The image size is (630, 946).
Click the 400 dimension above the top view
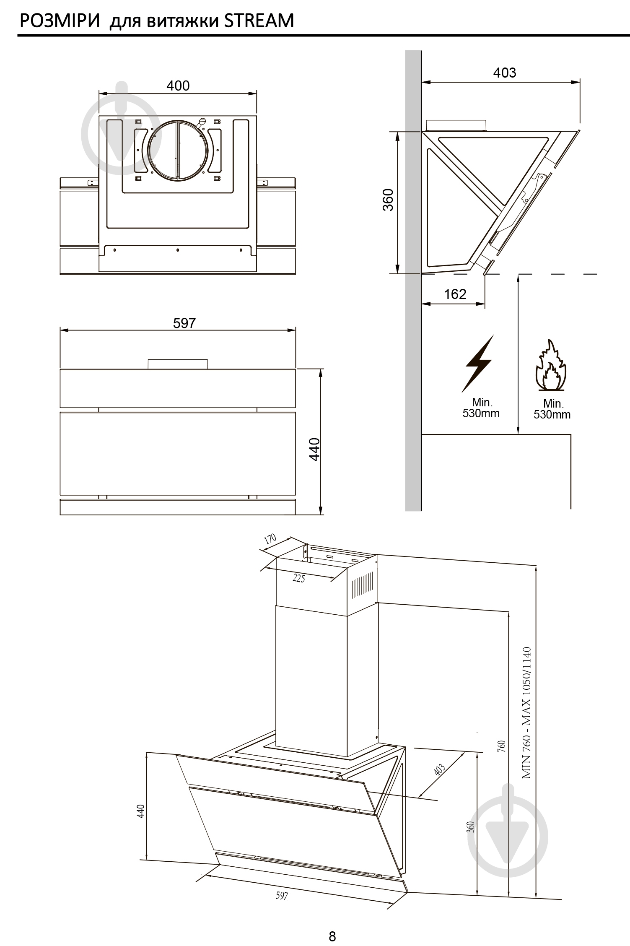pos(178,86)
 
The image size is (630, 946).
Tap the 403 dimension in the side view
pos(504,73)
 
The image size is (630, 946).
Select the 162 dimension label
pos(455,294)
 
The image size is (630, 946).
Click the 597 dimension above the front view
pos(184,323)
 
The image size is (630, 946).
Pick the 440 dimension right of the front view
pos(315,449)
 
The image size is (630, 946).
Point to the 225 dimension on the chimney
pos(298,578)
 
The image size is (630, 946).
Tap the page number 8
pos(332,936)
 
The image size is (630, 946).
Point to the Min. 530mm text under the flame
pos(552,409)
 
